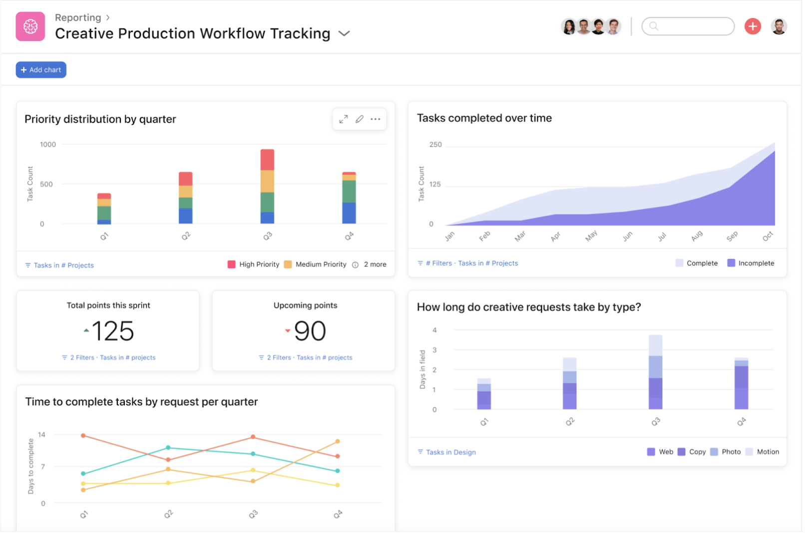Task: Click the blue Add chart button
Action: tap(41, 70)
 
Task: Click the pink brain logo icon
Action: tap(30, 26)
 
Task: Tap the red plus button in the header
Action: tap(753, 26)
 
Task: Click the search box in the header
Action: tap(688, 26)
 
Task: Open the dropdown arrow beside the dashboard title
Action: tap(344, 33)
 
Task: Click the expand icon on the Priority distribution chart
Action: tap(344, 119)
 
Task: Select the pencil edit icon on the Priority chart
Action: tap(360, 119)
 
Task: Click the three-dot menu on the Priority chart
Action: tap(376, 119)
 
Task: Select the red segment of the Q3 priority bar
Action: tap(267, 160)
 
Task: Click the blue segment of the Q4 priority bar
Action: tap(349, 213)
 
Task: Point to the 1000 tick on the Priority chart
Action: tap(48, 144)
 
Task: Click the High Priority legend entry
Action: tap(253, 265)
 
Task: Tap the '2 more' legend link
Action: tap(375, 265)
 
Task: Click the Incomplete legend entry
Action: tap(751, 263)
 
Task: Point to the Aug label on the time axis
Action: tap(697, 236)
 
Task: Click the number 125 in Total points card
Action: tap(113, 331)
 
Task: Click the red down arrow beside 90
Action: tap(288, 330)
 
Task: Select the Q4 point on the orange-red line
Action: tap(338, 456)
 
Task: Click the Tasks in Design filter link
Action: tap(447, 452)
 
